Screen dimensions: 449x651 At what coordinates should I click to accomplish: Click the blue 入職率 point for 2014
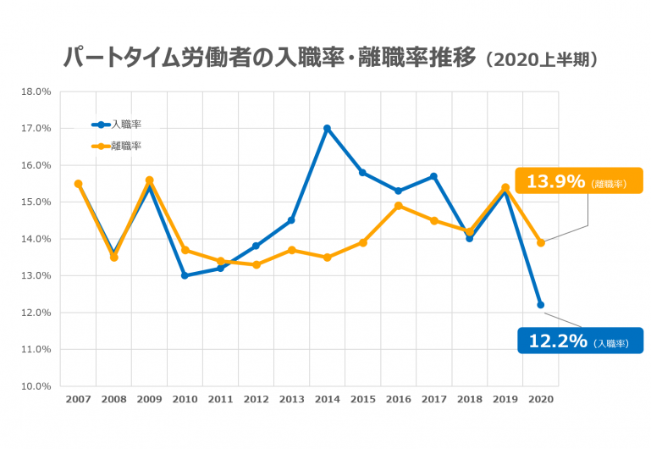pyautogui.click(x=327, y=129)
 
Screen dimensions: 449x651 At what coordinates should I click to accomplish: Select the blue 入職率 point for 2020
pyautogui.click(x=541, y=305)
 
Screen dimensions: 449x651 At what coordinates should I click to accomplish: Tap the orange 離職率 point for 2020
pyautogui.click(x=541, y=242)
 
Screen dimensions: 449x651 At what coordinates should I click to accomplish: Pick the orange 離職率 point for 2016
pyautogui.click(x=398, y=206)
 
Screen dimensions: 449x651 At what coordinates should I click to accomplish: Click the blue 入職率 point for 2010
pyautogui.click(x=185, y=275)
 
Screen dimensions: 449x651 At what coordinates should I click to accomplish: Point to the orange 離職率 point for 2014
pyautogui.click(x=327, y=258)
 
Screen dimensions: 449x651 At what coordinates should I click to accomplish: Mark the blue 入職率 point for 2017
pyautogui.click(x=434, y=176)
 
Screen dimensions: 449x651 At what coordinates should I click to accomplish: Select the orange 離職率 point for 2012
pyautogui.click(x=256, y=264)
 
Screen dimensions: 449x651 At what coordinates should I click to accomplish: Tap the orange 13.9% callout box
pyautogui.click(x=578, y=181)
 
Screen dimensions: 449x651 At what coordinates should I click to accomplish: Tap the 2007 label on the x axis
pyautogui.click(x=78, y=398)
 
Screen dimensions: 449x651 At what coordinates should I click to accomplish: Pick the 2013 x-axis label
pyautogui.click(x=291, y=398)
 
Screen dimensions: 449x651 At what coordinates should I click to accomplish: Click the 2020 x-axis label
pyautogui.click(x=541, y=398)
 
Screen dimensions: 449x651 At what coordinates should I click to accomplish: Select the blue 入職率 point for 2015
pyautogui.click(x=362, y=173)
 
